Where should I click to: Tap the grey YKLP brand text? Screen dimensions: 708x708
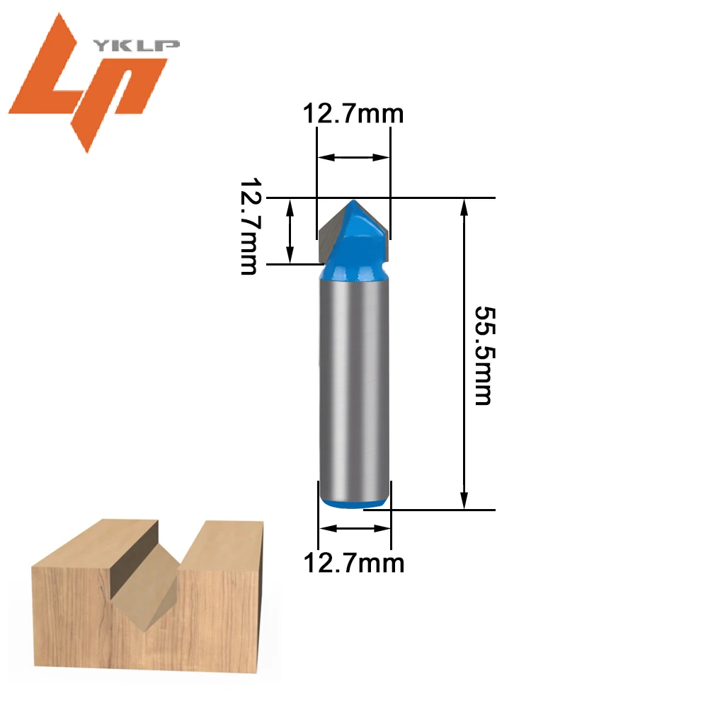(x=137, y=45)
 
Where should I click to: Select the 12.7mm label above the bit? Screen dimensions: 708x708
(x=353, y=113)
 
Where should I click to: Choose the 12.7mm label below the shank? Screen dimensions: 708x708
(x=353, y=563)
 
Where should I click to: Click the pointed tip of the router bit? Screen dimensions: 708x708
(x=354, y=201)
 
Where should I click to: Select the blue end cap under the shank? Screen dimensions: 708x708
(x=355, y=503)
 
